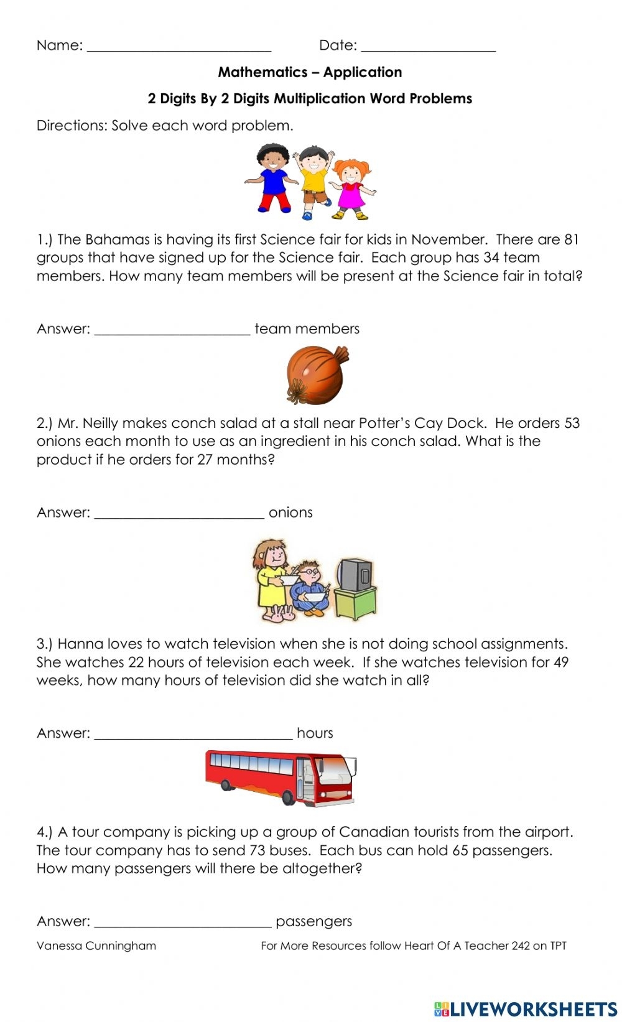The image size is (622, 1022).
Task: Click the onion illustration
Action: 316,375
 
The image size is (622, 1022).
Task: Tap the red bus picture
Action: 281,778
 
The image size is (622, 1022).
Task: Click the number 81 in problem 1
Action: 571,239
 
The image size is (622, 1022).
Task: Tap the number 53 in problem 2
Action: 571,423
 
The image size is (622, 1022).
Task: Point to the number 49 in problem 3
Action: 560,662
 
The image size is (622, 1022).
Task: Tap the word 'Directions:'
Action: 72,126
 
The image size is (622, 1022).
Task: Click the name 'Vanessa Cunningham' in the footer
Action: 96,946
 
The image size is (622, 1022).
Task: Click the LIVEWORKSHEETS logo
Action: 526,1008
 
